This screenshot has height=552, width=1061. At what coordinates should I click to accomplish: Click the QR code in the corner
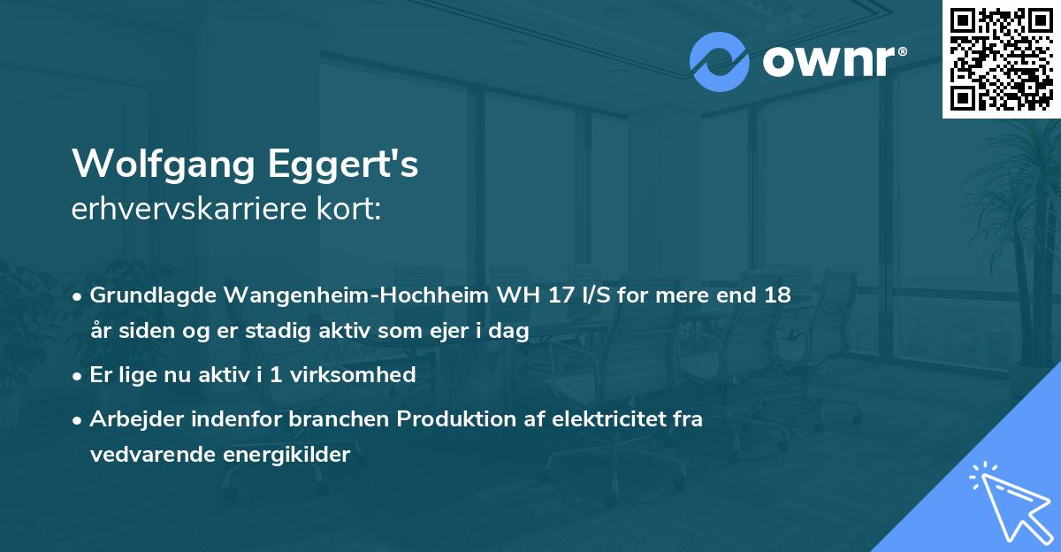point(1002,59)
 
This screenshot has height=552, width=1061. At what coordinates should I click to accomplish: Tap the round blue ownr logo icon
point(720,62)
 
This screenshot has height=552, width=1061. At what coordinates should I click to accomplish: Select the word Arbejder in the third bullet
point(130,419)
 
